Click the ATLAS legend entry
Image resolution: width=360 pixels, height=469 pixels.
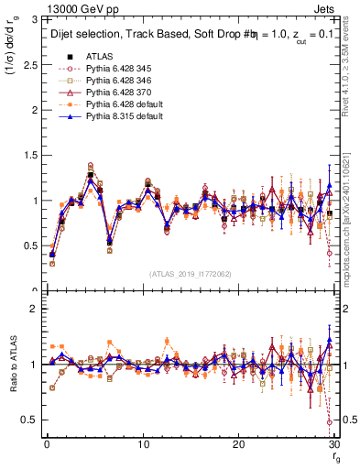(100, 56)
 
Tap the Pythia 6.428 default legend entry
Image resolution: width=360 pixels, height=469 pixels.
(119, 104)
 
